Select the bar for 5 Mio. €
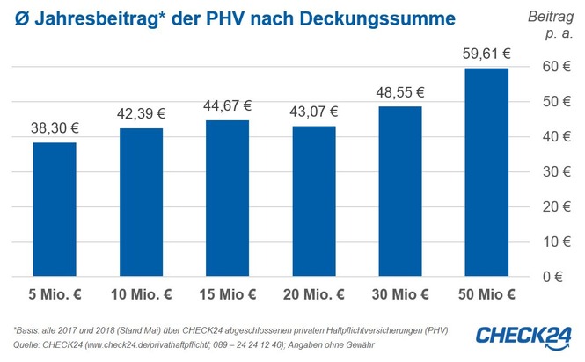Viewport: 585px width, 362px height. click(x=55, y=209)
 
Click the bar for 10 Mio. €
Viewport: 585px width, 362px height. click(x=141, y=202)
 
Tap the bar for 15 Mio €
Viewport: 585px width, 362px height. click(x=227, y=199)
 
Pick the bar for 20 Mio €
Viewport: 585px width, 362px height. click(x=313, y=201)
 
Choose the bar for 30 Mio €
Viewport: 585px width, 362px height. click(x=399, y=192)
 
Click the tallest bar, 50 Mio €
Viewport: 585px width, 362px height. click(x=486, y=172)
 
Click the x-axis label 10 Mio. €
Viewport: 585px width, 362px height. click(x=141, y=293)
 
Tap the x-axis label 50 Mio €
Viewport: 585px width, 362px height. click(x=486, y=293)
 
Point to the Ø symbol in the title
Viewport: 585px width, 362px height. click(x=15, y=18)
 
